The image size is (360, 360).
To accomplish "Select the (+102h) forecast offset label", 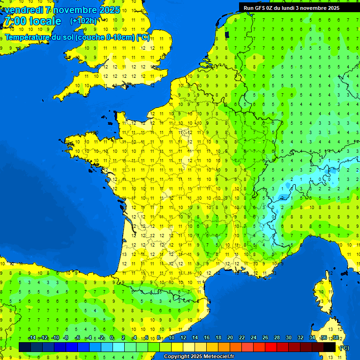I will point(83,21).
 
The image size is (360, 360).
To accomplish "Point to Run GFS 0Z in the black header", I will point(261,8).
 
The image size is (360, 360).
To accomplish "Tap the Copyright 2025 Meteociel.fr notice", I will point(199,356).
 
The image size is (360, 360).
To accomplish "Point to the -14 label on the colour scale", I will point(32,338).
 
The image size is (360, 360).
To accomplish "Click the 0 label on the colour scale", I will point(112,338).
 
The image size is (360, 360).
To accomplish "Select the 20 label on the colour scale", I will point(230,338).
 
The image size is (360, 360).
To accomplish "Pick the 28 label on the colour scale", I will point(277,338).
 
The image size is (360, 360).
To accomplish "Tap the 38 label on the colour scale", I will point(335,338).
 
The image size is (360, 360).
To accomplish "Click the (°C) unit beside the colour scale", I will point(344,348).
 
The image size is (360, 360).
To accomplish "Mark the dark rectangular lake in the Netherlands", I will point(227,34).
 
